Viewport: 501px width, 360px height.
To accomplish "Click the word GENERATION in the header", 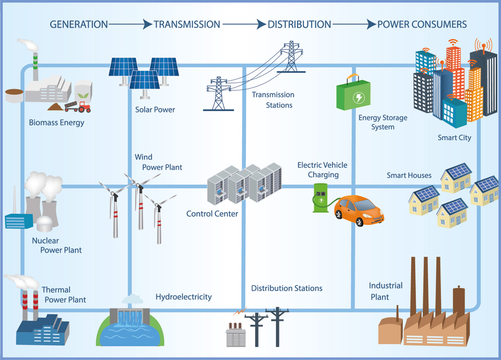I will pos(79,25).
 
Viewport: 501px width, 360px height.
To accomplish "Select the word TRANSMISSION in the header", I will pos(187,25).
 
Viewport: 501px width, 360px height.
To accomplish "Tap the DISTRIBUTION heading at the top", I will pos(299,25).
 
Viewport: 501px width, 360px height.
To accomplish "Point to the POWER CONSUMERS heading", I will pos(422,25).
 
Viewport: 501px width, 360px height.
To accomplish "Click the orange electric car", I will pos(359,210).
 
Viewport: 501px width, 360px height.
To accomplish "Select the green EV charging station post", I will pos(320,198).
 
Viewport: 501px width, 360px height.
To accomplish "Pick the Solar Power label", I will pos(155,110).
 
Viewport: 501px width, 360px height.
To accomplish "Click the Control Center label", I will pos(212,213).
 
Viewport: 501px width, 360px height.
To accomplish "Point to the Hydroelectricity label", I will pos(184,297).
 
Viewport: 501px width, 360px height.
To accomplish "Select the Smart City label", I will pos(454,138).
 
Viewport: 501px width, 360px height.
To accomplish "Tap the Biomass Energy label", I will pos(56,123).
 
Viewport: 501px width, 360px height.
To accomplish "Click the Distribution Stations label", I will pos(287,288).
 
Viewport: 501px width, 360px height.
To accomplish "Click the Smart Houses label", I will pos(409,175).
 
